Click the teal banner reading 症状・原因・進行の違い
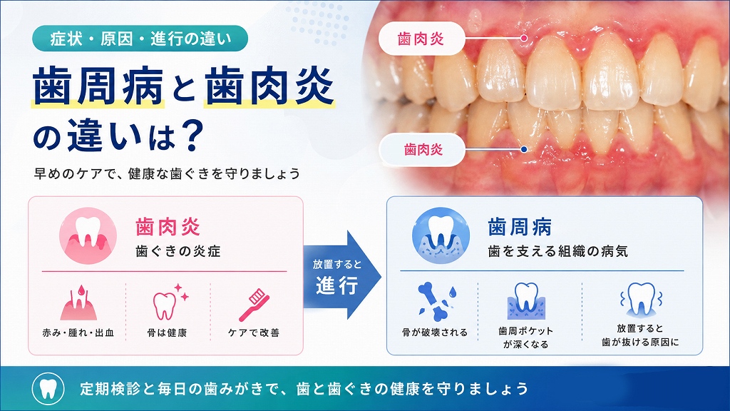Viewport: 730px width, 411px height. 140,39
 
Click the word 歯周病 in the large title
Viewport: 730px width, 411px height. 98,86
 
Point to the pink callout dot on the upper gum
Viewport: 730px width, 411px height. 524,39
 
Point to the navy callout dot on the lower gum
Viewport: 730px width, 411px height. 524,150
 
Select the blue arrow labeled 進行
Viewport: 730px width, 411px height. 342,275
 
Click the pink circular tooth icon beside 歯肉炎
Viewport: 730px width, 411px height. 88,235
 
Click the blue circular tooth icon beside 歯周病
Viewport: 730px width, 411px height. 441,235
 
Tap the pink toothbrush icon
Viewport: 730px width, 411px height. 255,305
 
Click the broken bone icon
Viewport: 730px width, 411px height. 436,302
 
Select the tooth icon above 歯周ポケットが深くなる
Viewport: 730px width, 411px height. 526,300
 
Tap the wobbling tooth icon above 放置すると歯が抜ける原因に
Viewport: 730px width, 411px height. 641,300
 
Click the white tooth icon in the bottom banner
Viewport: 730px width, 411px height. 48,389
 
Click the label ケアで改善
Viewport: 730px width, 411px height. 254,333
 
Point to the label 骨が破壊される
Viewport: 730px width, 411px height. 435,333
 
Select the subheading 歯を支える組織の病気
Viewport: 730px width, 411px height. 557,252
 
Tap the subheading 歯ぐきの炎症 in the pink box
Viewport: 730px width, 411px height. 178,252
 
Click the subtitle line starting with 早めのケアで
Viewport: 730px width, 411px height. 167,174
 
